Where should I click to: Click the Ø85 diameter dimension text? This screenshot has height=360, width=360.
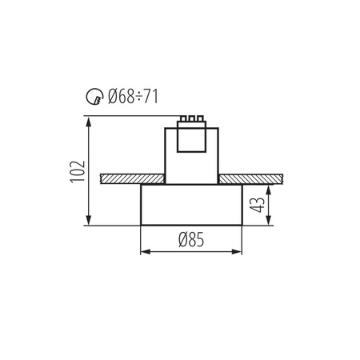(190, 239)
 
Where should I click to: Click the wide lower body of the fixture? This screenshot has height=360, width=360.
(190, 205)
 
